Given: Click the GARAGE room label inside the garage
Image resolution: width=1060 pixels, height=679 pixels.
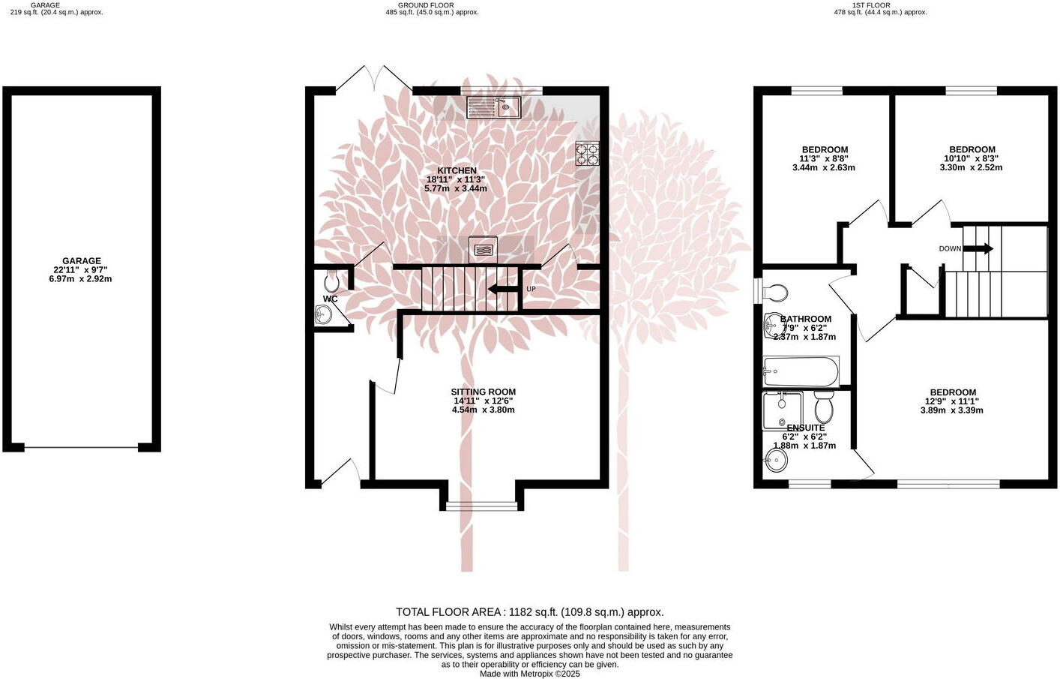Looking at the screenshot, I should click(x=81, y=262).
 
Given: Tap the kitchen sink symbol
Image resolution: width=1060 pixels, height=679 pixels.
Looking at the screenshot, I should click(x=493, y=107).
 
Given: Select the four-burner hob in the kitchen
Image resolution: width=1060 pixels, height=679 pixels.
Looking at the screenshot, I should click(x=587, y=154).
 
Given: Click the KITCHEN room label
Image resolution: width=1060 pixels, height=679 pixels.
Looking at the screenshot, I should click(x=457, y=171).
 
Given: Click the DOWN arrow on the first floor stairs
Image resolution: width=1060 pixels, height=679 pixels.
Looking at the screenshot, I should click(x=978, y=248).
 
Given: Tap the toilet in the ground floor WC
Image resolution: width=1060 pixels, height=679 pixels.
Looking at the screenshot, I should click(x=331, y=281).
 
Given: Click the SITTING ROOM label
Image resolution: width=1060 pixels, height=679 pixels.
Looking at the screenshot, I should click(x=483, y=392).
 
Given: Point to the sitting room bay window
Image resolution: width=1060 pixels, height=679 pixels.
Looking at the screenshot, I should click(x=482, y=506).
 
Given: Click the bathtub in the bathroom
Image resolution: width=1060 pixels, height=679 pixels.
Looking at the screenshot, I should click(x=801, y=371).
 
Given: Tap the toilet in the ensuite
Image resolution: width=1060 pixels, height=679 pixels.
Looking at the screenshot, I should click(x=824, y=408).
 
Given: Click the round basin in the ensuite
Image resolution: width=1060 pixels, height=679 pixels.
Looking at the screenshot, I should click(x=776, y=461).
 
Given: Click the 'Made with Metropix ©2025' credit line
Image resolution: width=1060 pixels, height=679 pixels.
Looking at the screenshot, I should click(x=529, y=674).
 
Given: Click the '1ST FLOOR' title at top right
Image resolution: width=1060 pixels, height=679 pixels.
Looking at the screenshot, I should click(x=872, y=5).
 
